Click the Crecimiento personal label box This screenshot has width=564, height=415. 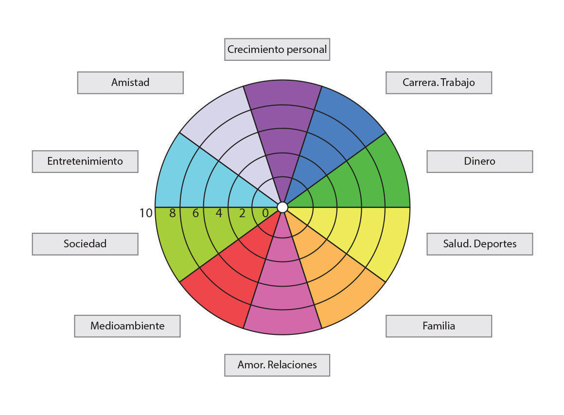pyautogui.click(x=277, y=50)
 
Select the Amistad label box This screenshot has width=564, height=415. pyautogui.click(x=130, y=83)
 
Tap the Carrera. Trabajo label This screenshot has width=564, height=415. pyautogui.click(x=439, y=83)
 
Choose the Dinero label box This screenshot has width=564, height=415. pyautogui.click(x=479, y=161)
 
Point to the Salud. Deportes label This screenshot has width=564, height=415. pyautogui.click(x=479, y=244)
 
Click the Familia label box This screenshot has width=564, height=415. pyautogui.click(x=439, y=326)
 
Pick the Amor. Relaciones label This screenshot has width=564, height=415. pyautogui.click(x=277, y=365)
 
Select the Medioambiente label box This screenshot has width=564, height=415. pyautogui.click(x=127, y=326)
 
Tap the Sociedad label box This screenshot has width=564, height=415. pyautogui.click(x=85, y=244)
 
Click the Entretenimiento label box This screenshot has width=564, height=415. pyautogui.click(x=85, y=161)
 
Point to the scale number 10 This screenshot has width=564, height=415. pyautogui.click(x=146, y=213)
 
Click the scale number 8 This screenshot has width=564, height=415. pyautogui.click(x=172, y=213)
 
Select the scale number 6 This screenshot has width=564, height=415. pyautogui.click(x=195, y=213)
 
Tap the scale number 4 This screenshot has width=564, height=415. pyautogui.click(x=219, y=213)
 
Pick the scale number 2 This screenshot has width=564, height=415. pyautogui.click(x=242, y=213)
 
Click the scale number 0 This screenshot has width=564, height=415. pyautogui.click(x=265, y=213)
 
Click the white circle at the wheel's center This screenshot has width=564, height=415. pyautogui.click(x=282, y=207)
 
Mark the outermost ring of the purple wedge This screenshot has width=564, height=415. pyautogui.click(x=282, y=92)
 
